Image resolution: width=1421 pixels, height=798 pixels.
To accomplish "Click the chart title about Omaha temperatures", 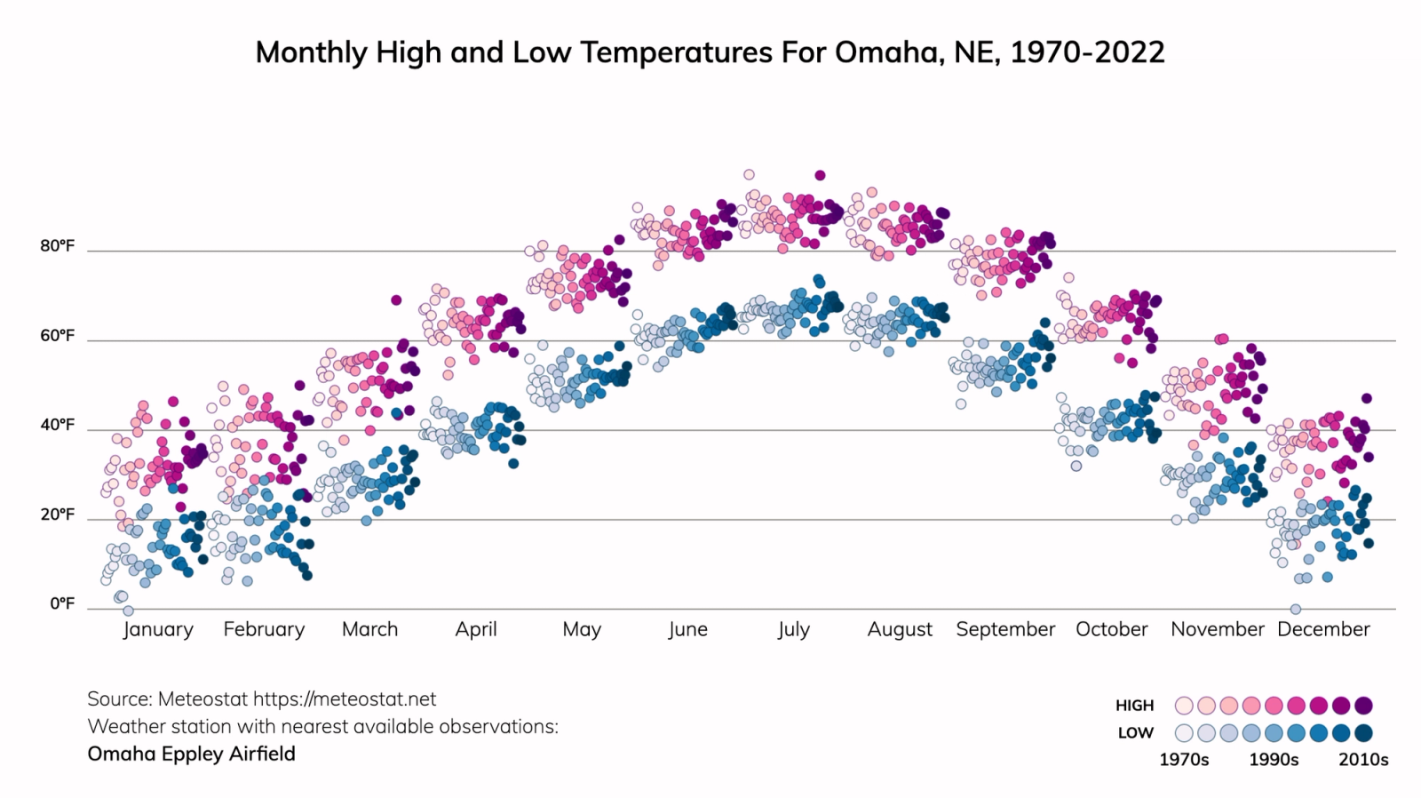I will coord(710,52).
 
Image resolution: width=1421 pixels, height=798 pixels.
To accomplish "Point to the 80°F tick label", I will coord(57,246).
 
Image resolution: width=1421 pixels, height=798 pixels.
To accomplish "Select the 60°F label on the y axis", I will coord(57,336).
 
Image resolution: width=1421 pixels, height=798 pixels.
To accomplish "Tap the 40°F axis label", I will coord(57,425).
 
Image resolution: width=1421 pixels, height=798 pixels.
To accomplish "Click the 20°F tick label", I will coord(57,515).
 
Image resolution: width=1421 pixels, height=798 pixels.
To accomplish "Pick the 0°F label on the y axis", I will coord(62,604).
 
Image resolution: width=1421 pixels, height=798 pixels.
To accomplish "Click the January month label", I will coord(158,629).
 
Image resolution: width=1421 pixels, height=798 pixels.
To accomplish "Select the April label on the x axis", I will coord(476,629).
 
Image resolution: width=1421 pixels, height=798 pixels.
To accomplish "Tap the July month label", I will coord(793,629).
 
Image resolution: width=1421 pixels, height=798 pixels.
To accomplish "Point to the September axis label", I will coord(1005,629).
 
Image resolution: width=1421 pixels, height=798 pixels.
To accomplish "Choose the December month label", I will coord(1323,629).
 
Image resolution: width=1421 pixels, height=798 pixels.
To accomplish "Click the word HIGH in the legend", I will coord(1134,706).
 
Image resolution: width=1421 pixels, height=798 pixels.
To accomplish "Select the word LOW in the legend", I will coord(1135,733).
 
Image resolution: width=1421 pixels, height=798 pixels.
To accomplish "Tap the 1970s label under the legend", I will coord(1184,760).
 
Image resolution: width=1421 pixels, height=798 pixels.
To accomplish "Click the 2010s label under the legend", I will coord(1363,760).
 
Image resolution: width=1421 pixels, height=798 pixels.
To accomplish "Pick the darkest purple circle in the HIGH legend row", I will coord(1363,706).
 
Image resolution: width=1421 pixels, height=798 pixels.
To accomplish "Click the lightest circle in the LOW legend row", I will coord(1184,733).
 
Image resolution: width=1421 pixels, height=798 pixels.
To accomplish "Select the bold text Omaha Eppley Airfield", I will coord(191,754).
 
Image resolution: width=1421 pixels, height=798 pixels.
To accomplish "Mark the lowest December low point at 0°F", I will coord(1295,609).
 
